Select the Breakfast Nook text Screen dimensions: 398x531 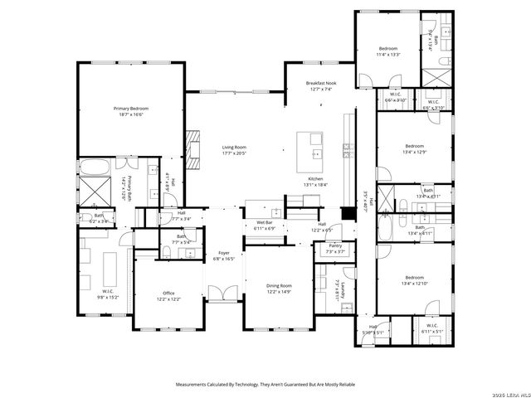tap(320, 83)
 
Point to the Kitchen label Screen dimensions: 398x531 tap(315, 179)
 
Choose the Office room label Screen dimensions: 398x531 tap(168, 293)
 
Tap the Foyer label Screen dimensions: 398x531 tap(224, 253)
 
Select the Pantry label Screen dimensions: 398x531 tap(334, 245)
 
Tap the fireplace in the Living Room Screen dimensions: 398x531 tap(194, 145)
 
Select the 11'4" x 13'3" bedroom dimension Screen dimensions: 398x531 tap(388, 55)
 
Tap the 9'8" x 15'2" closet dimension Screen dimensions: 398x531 tap(108, 296)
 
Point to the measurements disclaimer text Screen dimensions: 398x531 tap(265, 384)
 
